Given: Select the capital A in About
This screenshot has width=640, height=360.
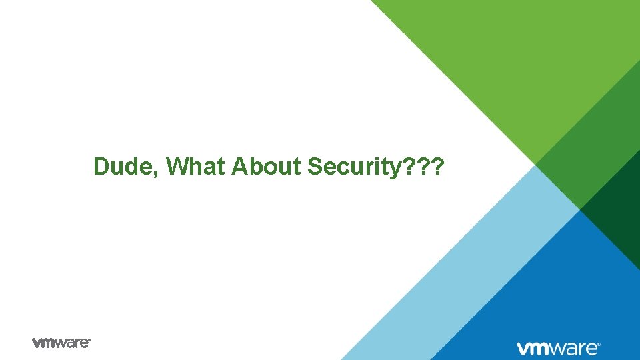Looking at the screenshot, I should pyautogui.click(x=239, y=167).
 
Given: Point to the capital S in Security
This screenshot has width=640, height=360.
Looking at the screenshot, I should pyautogui.click(x=314, y=167).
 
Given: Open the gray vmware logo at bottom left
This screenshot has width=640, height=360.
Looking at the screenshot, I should pyautogui.click(x=61, y=343).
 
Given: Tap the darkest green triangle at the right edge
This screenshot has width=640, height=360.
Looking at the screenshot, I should pyautogui.click(x=617, y=213).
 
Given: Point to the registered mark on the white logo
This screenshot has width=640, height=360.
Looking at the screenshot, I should pyautogui.click(x=599, y=345).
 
